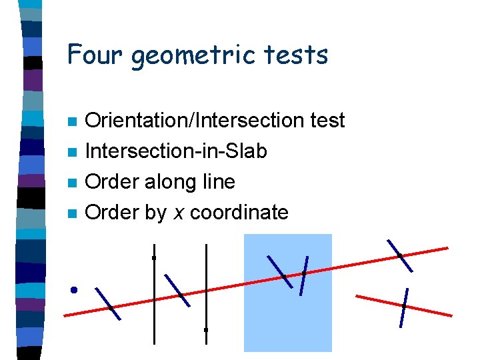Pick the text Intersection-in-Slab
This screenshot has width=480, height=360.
click(177, 151)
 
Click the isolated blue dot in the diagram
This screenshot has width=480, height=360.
click(74, 290)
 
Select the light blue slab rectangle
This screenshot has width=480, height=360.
click(288, 320)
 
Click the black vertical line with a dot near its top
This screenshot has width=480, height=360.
click(154, 300)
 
